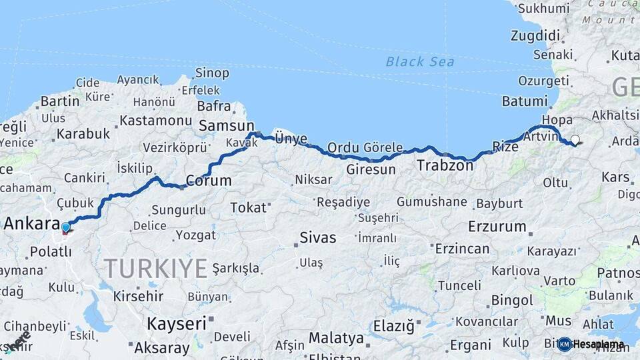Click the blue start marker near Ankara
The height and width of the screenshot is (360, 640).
pos(65,228)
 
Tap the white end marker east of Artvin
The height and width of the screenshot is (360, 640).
pos(575,140)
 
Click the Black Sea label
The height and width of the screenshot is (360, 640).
pos(420,62)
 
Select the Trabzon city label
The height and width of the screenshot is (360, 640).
pos(445,165)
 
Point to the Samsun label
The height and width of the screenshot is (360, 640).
pos(227,125)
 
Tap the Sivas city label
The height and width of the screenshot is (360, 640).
pos(318,237)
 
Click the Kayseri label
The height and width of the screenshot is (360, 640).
pos(177,324)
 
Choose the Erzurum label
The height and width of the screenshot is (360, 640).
pos(497,226)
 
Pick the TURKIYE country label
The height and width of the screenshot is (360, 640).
pos(155,269)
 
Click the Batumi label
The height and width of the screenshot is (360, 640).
pos(525,101)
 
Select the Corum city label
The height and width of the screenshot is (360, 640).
pos(209,181)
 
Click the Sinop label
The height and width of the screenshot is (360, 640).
pos(212,73)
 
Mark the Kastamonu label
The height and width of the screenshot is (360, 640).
pos(156,121)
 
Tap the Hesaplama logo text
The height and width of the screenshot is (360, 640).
pos(599,345)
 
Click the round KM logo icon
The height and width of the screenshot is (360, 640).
pos(565,345)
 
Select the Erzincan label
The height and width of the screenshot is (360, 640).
pos(462,249)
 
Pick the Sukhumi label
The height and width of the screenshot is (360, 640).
pos(543,9)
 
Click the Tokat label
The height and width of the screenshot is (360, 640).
pos(248,208)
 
